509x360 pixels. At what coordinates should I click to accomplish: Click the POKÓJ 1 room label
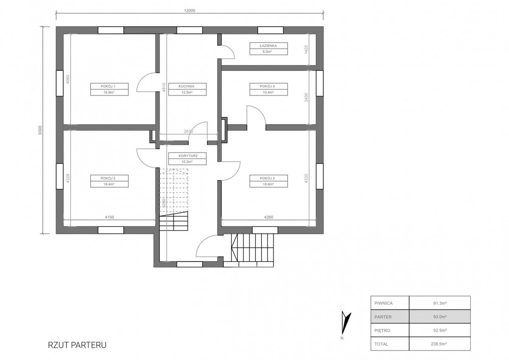109,89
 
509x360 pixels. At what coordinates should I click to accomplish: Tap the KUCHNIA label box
187,89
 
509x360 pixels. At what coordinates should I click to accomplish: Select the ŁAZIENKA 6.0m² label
268,49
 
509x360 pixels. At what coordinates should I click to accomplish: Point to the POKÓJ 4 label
268,89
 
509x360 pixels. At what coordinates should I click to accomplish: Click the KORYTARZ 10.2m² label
187,159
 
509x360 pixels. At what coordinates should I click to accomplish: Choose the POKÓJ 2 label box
109,181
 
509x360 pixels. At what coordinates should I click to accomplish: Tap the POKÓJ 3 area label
268,181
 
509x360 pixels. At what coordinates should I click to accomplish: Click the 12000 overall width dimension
190,11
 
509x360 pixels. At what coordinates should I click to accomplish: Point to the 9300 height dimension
40,130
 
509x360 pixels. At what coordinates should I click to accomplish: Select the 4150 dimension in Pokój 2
109,217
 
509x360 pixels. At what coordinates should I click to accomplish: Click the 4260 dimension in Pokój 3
268,217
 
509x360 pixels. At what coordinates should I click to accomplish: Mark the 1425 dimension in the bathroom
306,49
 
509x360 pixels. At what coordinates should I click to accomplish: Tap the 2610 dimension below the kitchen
188,131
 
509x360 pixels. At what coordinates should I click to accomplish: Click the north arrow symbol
346,323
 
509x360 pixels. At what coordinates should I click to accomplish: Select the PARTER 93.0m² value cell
440,317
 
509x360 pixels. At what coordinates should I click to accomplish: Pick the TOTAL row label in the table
381,344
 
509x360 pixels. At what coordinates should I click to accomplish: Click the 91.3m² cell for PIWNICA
440,303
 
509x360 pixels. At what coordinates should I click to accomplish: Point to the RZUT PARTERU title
77,345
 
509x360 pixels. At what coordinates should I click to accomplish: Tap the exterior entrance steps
252,250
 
